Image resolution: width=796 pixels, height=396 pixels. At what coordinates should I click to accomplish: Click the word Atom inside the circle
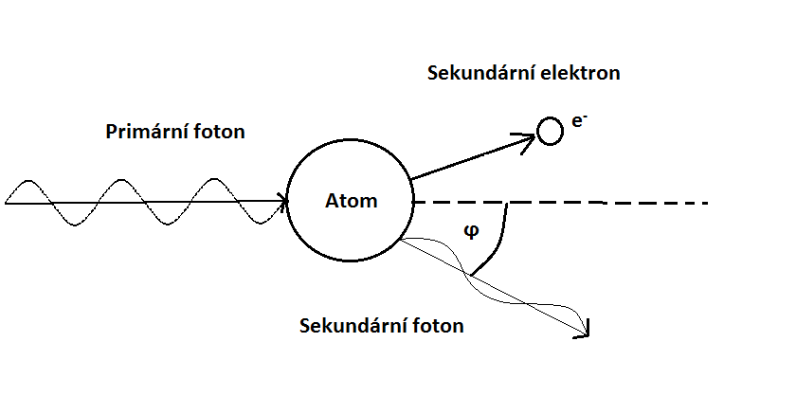pos(351,201)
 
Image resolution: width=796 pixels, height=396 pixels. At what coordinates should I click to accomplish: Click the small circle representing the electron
pos(550,131)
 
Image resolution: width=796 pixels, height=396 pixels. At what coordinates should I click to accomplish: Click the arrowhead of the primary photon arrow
pos(282,201)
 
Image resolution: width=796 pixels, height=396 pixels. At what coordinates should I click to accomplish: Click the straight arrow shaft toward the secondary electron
pos(464,159)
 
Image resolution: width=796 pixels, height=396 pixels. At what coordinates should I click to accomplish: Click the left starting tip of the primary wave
pos(7,201)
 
